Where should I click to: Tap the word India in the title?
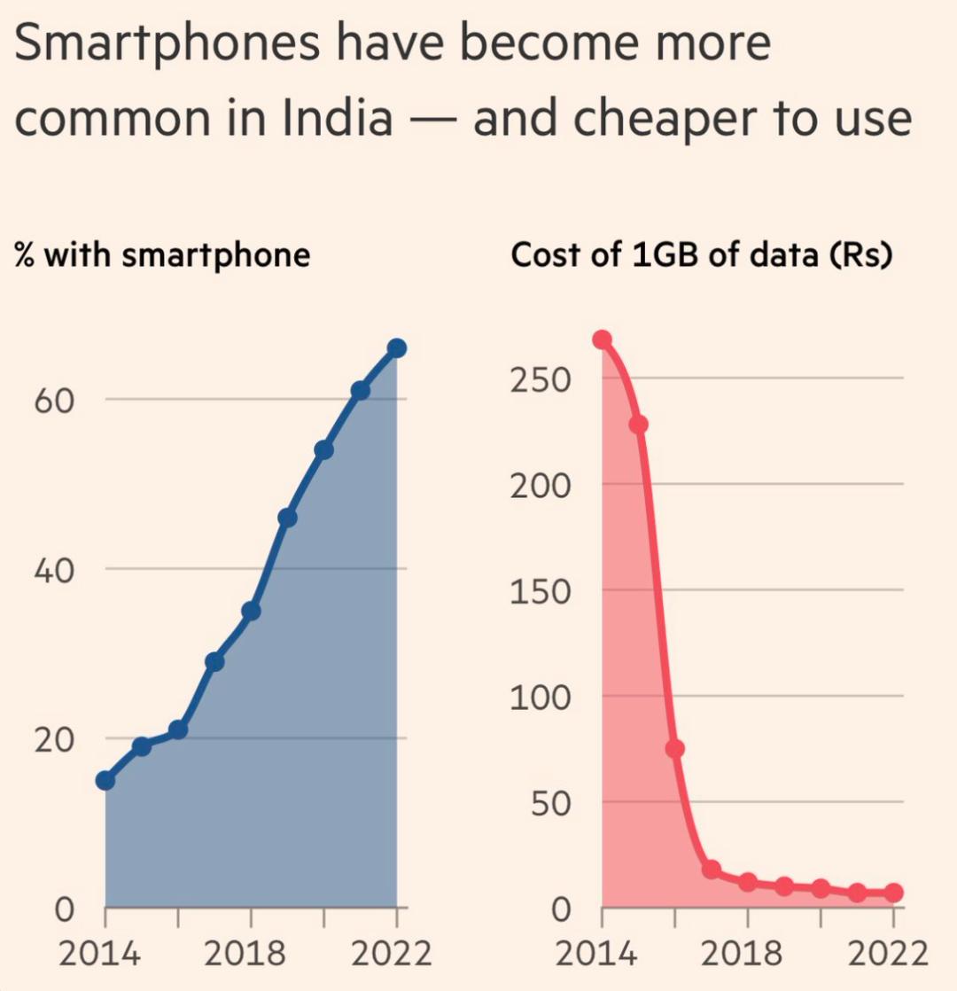(337, 119)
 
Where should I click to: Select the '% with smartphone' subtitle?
(162, 255)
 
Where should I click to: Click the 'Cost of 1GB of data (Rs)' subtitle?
(701, 255)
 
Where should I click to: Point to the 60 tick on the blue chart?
(52, 399)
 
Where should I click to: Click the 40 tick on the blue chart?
(52, 569)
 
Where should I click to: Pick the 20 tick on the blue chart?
(52, 738)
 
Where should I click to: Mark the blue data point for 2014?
(105, 780)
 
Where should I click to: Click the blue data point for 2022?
(396, 347)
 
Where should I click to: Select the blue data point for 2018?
(251, 611)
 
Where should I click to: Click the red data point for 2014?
(603, 339)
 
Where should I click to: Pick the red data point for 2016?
(675, 749)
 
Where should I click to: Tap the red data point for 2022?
(893, 893)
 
